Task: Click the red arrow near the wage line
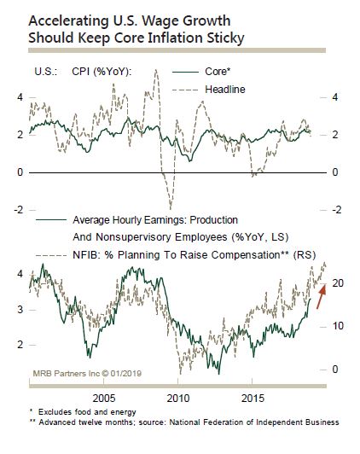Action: [322, 296]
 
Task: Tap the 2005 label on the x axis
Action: [104, 399]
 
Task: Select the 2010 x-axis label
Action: [178, 399]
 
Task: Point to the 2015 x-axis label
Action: [253, 399]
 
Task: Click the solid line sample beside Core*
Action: [185, 72]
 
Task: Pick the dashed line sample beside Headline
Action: [185, 90]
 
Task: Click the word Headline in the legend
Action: [225, 90]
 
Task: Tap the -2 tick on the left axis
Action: [19, 209]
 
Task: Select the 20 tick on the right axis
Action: [338, 283]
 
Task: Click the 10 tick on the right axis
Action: [338, 326]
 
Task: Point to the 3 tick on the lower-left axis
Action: [20, 310]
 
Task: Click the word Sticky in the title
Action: [225, 38]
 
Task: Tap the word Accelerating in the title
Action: [68, 21]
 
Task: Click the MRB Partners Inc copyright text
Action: [87, 373]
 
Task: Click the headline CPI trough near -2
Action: [171, 208]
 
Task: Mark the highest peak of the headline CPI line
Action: [156, 70]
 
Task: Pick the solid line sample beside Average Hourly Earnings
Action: [51, 220]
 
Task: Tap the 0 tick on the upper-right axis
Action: [335, 172]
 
